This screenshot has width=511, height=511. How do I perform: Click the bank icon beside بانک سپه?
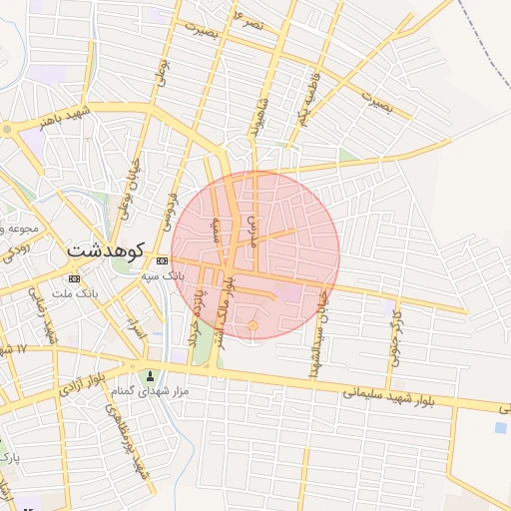coord(162,260)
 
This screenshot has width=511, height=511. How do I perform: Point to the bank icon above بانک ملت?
coord(74,277)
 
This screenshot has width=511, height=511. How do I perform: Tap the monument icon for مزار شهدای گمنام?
coord(151,376)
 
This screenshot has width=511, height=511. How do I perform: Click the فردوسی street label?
coord(172,203)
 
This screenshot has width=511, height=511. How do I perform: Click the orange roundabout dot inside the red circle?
coord(253,325)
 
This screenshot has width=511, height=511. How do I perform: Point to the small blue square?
coord(500,427)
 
